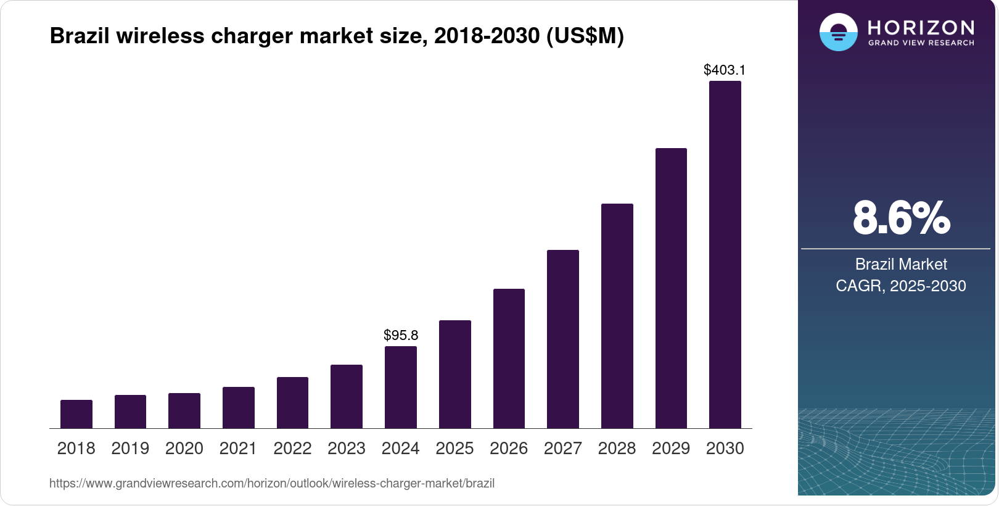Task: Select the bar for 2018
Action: coord(76,414)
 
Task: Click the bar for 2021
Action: coord(239,407)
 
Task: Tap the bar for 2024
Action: coord(401,387)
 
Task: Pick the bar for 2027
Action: coord(563,339)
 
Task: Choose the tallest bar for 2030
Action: coord(725,254)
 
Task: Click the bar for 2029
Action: coord(671,288)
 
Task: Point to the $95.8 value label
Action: coord(401,335)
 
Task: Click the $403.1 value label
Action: coord(725,70)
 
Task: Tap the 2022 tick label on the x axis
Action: coord(292,448)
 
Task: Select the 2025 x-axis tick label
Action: coord(454,448)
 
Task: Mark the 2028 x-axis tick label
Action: coord(617,448)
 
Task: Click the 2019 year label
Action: coord(130,448)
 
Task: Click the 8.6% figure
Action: coord(901,218)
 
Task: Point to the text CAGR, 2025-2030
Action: coord(901,286)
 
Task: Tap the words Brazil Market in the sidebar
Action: coord(901,264)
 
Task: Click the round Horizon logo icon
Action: coord(838,32)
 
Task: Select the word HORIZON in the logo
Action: coord(921,27)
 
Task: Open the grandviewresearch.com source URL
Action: coord(272,483)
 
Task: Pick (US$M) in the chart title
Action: coord(585,36)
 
